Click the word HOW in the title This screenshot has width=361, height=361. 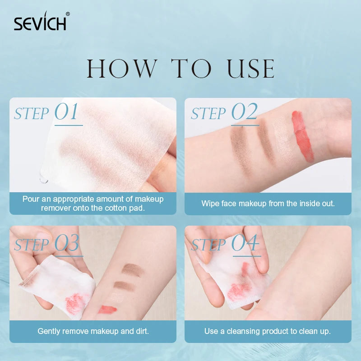tap(122, 69)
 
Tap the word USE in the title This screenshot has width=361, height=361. tap(250, 69)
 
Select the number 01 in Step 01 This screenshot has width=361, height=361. tap(66, 111)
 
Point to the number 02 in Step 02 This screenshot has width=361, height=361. tap(244, 111)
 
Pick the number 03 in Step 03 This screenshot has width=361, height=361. tap(67, 243)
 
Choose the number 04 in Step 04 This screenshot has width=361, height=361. tap(245, 243)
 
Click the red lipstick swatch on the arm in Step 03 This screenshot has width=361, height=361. tap(107, 309)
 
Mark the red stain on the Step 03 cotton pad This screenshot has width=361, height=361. tap(74, 302)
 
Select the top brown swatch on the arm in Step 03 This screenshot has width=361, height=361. tap(133, 269)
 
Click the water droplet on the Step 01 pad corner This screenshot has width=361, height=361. tap(44, 179)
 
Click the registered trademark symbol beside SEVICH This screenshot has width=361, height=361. tap(68, 14)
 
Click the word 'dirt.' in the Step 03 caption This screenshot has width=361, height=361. tap(143, 331)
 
